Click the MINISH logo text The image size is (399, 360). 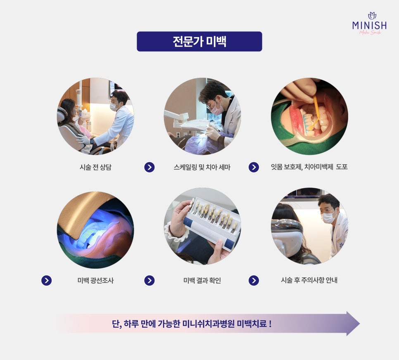coord(370,25)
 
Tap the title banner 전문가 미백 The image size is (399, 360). coord(199,41)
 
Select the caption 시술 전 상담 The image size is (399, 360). coord(95,167)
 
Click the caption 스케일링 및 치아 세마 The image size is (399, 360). coord(202,167)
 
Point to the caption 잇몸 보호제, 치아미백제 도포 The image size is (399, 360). coord(309,167)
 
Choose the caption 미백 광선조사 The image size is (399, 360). coord(95,280)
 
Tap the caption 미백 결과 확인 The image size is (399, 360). coord(202,280)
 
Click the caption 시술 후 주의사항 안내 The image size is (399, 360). coord(309,280)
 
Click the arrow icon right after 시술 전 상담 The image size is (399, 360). coord(150,167)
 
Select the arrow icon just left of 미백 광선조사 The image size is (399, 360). coord(47,280)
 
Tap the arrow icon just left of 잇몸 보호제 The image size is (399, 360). coord(254,167)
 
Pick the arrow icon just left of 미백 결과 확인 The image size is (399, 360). coord(150,280)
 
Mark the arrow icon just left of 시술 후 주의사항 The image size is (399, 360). coord(254,280)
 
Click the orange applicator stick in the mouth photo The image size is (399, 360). coord(316,112)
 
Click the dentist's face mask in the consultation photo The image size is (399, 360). coord(114,107)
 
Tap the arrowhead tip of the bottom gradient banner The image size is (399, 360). coord(360,324)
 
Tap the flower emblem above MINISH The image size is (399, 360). coord(372,16)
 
